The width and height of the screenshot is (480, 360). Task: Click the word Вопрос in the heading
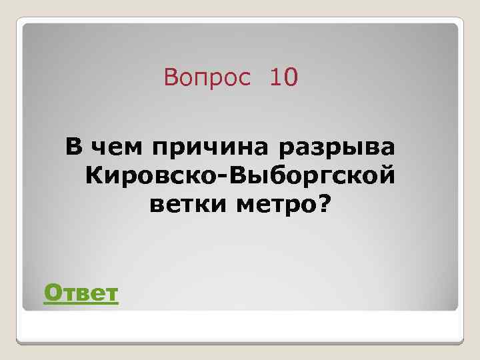(x=207, y=79)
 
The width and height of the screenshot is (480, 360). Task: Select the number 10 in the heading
(x=283, y=79)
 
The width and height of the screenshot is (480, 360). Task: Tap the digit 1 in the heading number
(x=275, y=79)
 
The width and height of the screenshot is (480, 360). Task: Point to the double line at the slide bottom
(x=240, y=341)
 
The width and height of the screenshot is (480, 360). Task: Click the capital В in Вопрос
(x=171, y=79)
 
